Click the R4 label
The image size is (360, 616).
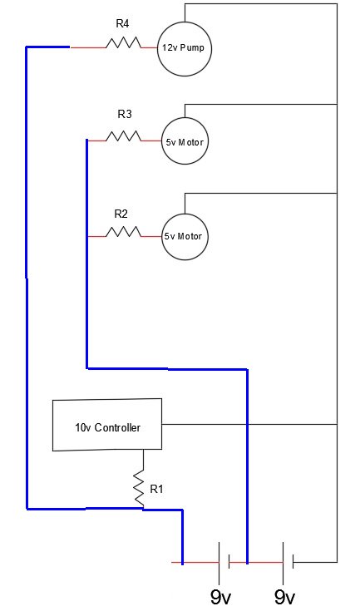(x=122, y=23)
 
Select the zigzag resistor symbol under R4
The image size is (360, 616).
(x=123, y=42)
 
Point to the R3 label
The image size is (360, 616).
(x=125, y=115)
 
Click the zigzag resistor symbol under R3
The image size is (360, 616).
(x=123, y=136)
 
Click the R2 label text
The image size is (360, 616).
(x=121, y=214)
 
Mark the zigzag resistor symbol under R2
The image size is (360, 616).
(x=123, y=232)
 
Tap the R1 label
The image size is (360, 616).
(x=156, y=489)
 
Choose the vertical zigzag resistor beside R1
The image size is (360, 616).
(x=139, y=489)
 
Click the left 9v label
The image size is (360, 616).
(x=220, y=598)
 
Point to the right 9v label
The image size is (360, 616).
(x=284, y=598)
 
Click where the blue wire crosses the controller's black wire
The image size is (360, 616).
(x=247, y=424)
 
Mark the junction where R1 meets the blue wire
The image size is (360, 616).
(x=143, y=509)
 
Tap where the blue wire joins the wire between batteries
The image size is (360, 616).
(x=247, y=563)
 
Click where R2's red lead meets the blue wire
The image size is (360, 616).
(x=87, y=236)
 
